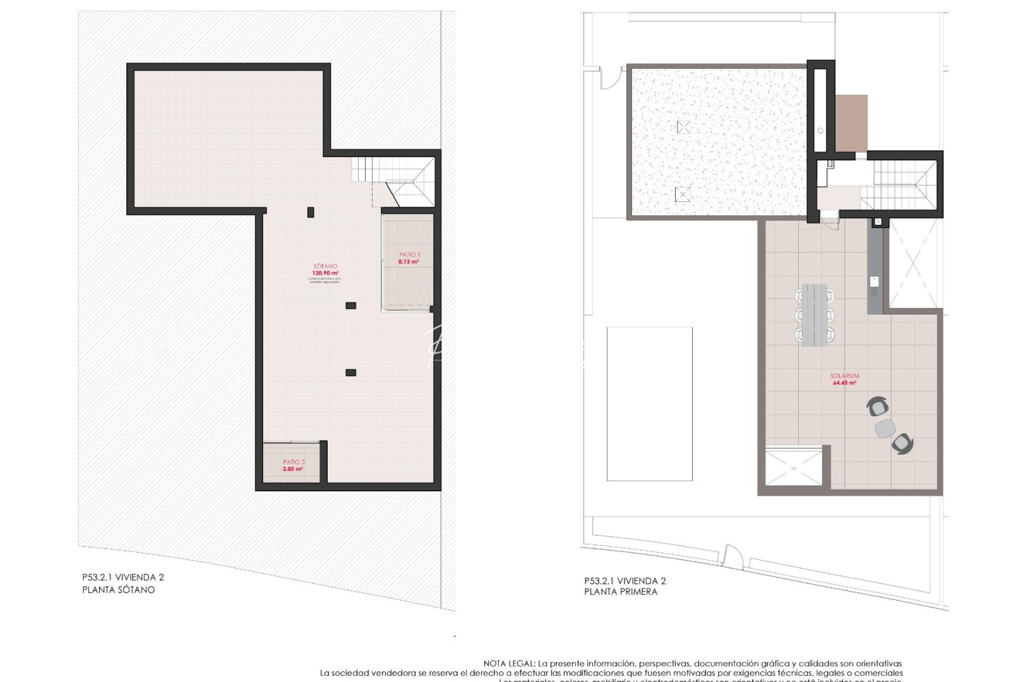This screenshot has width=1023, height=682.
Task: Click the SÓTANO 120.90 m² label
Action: pos(325,270)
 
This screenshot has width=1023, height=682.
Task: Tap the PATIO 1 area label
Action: pos(409,258)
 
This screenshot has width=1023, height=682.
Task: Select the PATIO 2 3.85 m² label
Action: pos(293,466)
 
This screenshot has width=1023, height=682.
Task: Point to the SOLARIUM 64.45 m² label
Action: pos(844,379)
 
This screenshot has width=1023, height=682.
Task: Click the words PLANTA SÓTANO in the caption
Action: pos(118,590)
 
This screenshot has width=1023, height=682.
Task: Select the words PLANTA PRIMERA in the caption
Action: pos(621,592)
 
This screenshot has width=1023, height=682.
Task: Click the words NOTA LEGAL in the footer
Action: pos(509,664)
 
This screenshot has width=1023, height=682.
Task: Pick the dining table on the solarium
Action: pos(815,314)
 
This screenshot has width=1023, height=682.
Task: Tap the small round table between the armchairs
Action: pos(885,428)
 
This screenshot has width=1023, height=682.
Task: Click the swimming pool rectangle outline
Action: pos(649,404)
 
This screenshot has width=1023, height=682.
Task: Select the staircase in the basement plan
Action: pos(393,180)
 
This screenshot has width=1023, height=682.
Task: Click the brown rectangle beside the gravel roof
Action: pos(851,123)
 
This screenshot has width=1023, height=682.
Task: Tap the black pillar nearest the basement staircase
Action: pos(310,212)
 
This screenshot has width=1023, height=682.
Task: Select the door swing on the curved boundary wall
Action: pos(733,556)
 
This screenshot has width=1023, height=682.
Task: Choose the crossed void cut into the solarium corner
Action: pos(794,467)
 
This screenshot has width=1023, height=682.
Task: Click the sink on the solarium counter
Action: pos(875,281)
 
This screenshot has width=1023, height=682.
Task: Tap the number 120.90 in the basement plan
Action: pos(325,273)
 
